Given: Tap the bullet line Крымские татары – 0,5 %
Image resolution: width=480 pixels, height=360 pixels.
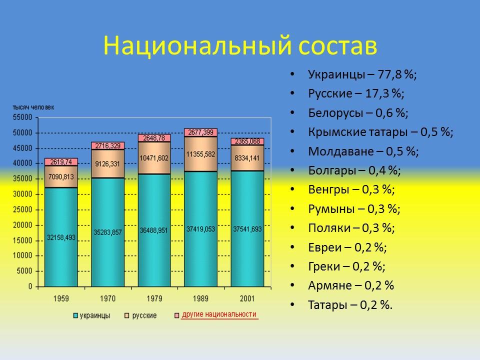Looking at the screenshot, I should tap(380, 132).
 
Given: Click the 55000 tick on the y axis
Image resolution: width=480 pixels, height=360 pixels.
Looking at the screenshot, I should tap(22, 117).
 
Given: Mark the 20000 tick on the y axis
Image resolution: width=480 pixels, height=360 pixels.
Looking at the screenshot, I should tap(22, 225).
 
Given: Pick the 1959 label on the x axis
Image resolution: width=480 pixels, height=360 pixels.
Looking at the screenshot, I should tap(61, 298).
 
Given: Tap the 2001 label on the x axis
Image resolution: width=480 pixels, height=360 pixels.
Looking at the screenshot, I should tap(247, 298).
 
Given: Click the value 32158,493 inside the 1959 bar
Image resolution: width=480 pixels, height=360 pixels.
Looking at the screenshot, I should tap(61, 237).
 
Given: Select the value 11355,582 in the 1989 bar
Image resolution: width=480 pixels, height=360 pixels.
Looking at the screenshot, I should tap(200, 154).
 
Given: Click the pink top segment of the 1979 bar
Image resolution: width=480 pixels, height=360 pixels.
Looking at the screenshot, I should tap(154, 137).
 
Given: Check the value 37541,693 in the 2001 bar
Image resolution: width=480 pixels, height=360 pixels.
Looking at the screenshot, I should tap(247, 229).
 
